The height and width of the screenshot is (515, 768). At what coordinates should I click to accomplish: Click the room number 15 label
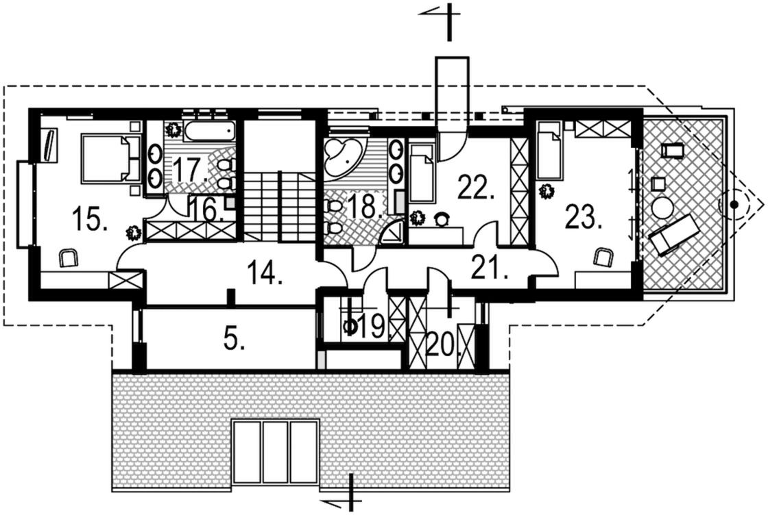click(x=90, y=221)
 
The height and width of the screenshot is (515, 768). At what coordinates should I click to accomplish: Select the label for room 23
click(x=583, y=218)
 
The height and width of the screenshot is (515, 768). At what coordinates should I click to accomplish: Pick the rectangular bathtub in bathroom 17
click(x=208, y=130)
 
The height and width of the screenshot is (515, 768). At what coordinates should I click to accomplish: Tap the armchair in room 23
click(x=603, y=257)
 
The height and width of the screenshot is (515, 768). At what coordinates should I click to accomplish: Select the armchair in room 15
click(x=68, y=257)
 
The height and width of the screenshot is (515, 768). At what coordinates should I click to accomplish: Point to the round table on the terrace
click(x=662, y=208)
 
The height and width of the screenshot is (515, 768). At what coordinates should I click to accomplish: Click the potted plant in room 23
click(x=547, y=191)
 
